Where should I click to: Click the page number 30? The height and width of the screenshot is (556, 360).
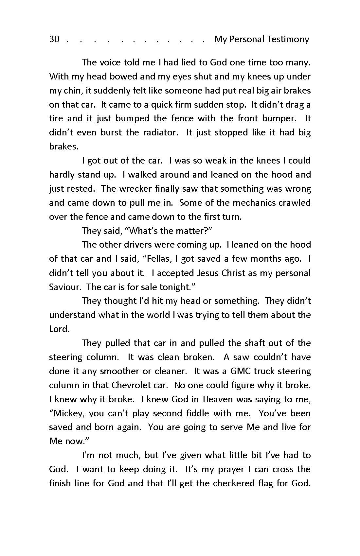(54, 39)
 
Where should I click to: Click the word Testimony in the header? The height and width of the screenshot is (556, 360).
(288, 39)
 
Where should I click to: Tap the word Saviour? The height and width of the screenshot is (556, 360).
(64, 287)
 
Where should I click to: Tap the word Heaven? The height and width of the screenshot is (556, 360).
(218, 399)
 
